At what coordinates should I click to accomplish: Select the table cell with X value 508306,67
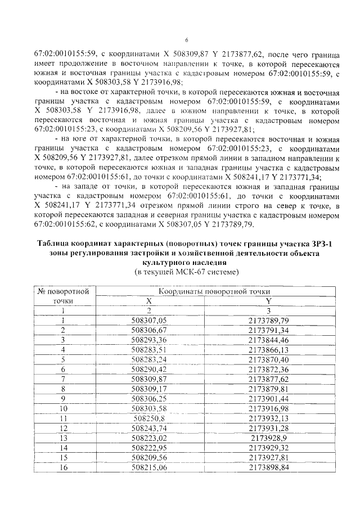pyautogui.click(x=149, y=330)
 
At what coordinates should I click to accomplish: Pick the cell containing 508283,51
pyautogui.click(x=149, y=349)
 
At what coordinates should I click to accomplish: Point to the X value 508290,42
pyautogui.click(x=149, y=369)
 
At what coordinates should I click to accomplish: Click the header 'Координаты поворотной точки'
pyautogui.click(x=214, y=291)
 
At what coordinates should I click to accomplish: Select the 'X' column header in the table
pyautogui.click(x=149, y=301)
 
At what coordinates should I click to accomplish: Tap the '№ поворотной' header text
pyautogui.click(x=64, y=291)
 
